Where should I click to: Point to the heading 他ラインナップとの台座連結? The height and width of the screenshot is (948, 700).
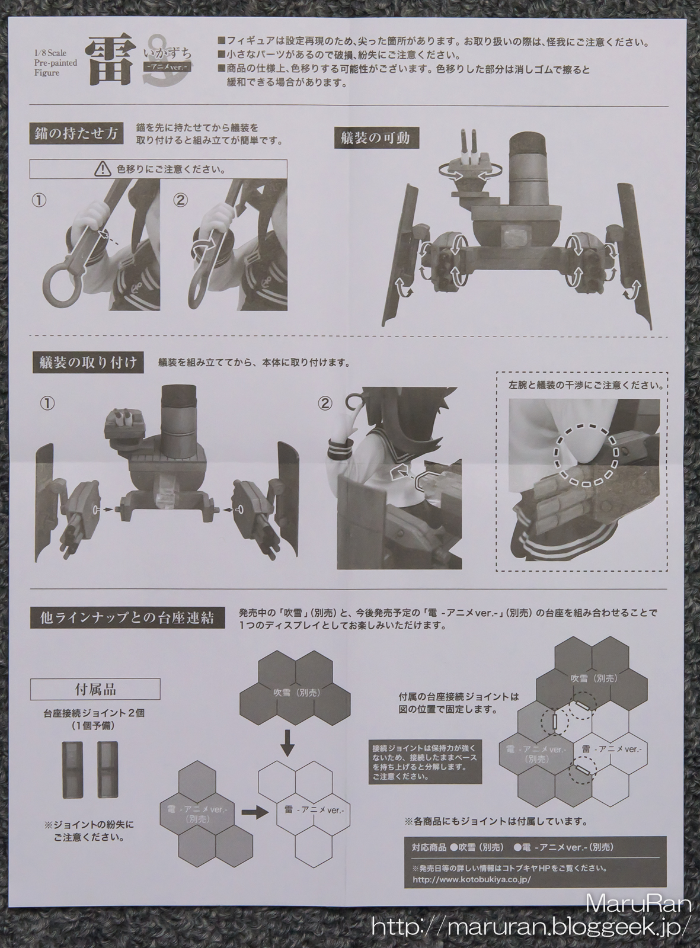(127, 618)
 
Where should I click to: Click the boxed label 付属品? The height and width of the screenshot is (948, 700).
(95, 689)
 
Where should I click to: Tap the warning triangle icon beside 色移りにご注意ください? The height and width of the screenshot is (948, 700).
(102, 169)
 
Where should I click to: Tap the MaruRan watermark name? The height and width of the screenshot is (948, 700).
(638, 902)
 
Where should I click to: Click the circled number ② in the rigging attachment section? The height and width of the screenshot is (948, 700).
(325, 404)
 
